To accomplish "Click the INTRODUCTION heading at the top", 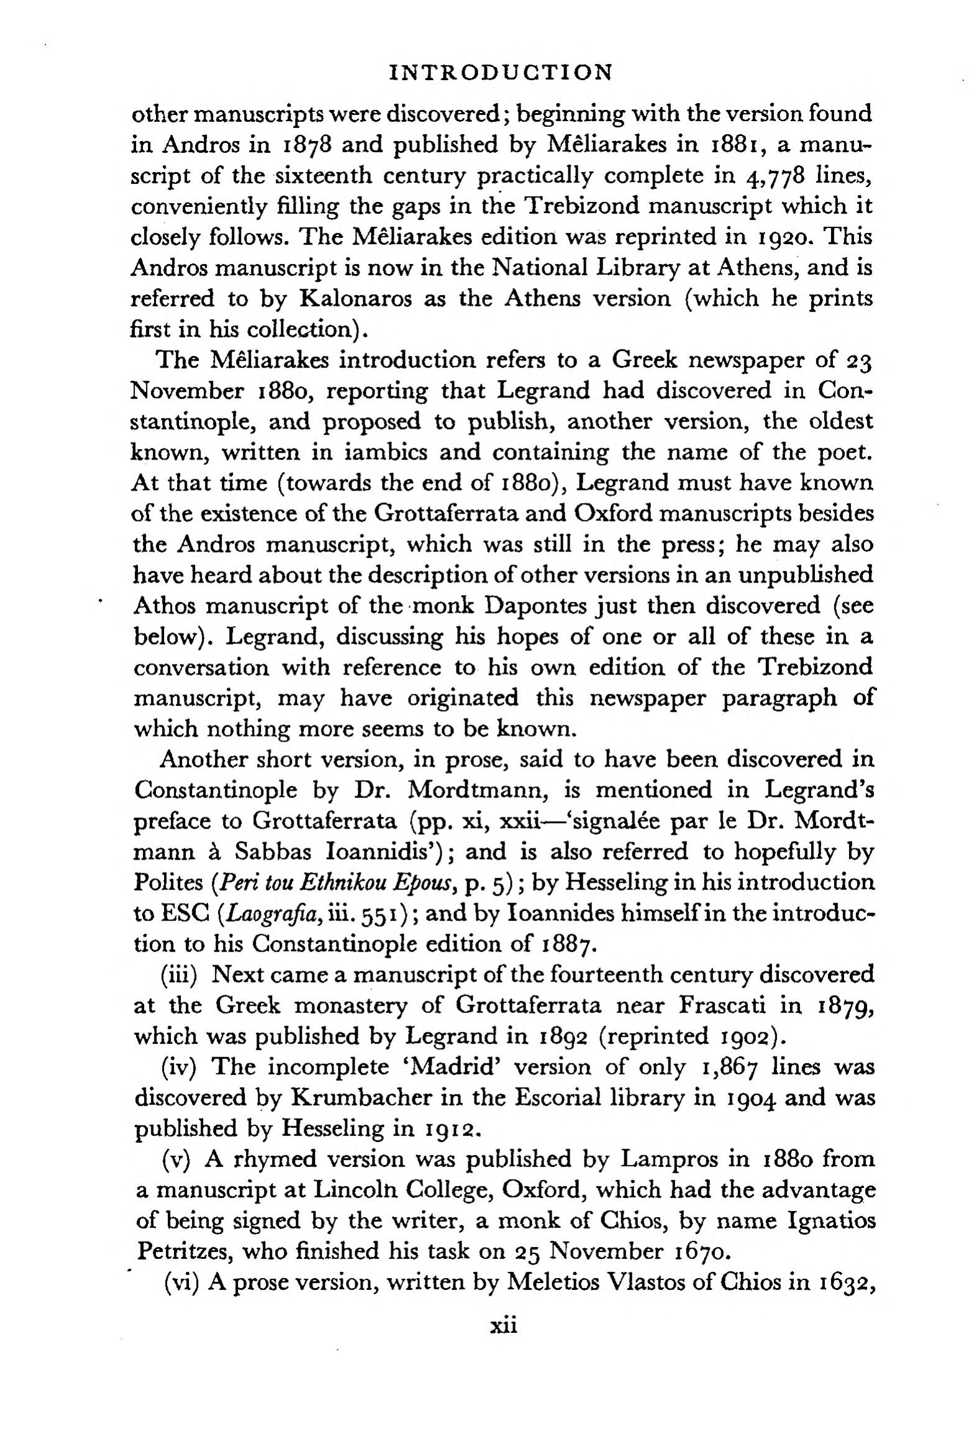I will [501, 73].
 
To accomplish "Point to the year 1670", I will [701, 1251].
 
